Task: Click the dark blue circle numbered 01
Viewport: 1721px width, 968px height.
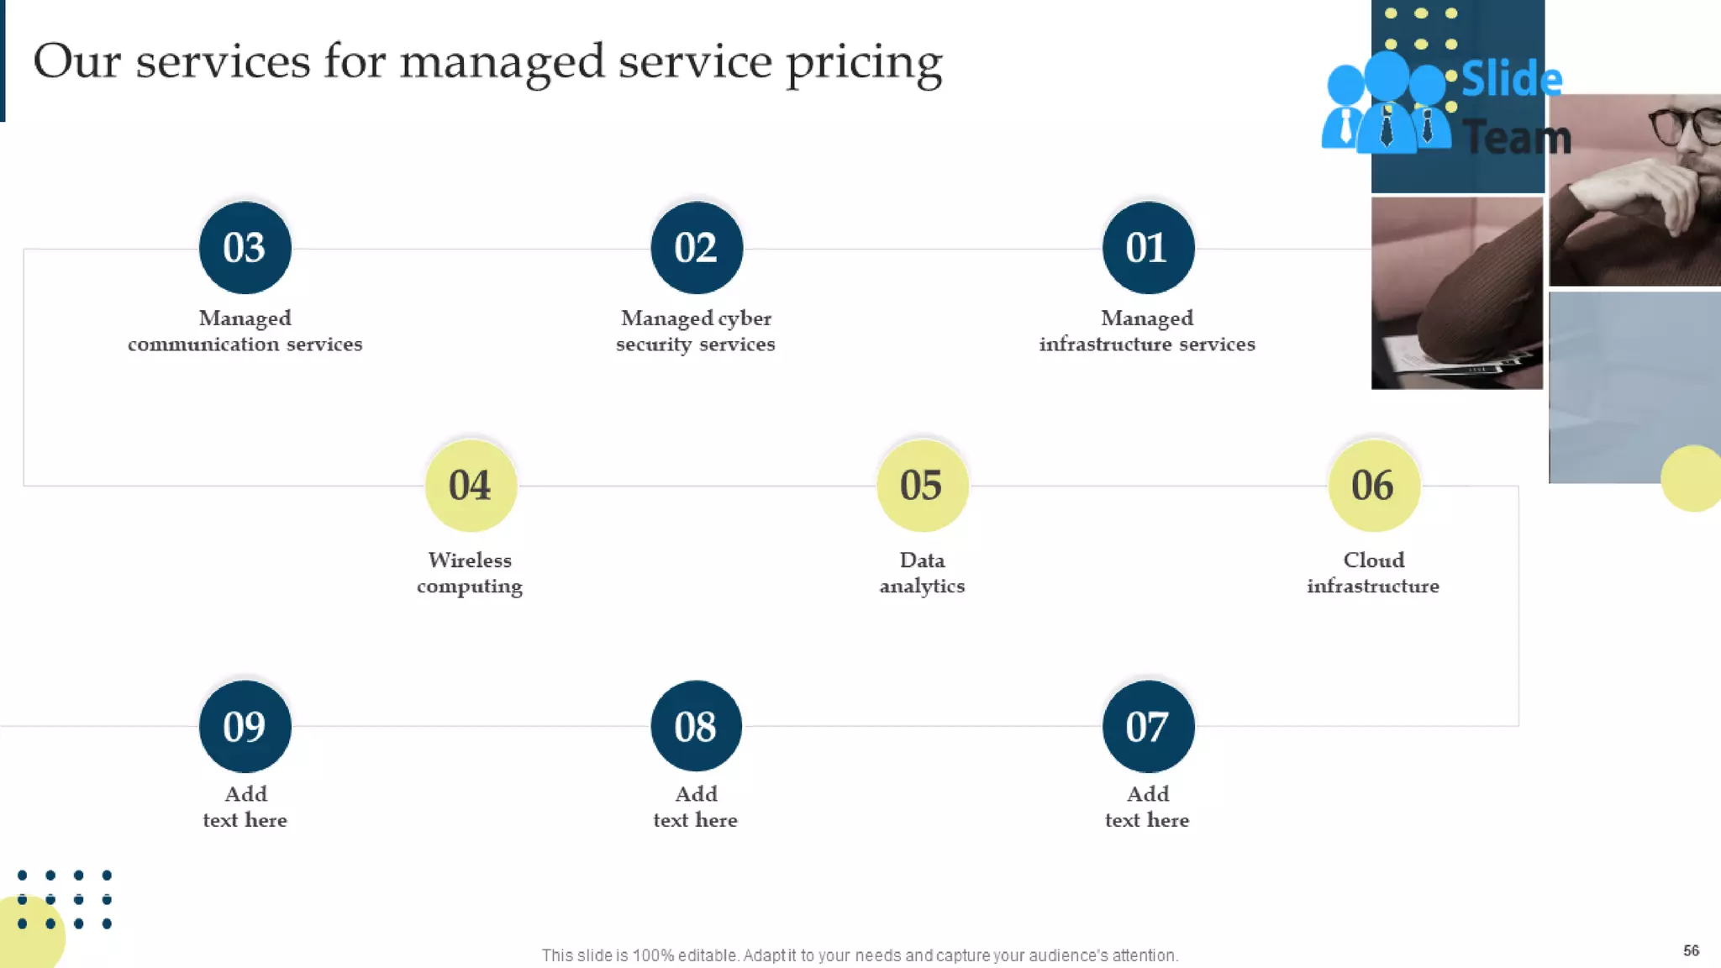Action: (x=1148, y=248)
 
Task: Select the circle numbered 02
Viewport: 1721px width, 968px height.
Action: (x=696, y=248)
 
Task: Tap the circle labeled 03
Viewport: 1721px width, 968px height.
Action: (x=245, y=248)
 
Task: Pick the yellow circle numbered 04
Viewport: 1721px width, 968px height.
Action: (x=471, y=486)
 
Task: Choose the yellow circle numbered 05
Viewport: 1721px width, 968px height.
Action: (x=922, y=486)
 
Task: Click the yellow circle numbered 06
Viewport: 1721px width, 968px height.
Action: (x=1373, y=486)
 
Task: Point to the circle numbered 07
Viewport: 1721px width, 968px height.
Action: (x=1148, y=726)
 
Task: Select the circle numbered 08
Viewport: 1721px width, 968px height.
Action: (x=696, y=726)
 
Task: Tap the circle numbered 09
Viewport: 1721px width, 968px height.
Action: (x=245, y=726)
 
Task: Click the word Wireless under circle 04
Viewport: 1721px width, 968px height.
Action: (x=470, y=560)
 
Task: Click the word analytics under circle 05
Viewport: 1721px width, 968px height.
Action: (x=922, y=586)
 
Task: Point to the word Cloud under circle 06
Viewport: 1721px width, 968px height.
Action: (x=1373, y=560)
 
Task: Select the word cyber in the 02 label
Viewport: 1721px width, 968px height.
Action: (x=745, y=318)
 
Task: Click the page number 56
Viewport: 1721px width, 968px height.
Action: (x=1691, y=950)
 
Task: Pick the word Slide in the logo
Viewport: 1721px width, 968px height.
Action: (x=1511, y=80)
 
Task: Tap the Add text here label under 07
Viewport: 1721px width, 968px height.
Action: (x=1147, y=807)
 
